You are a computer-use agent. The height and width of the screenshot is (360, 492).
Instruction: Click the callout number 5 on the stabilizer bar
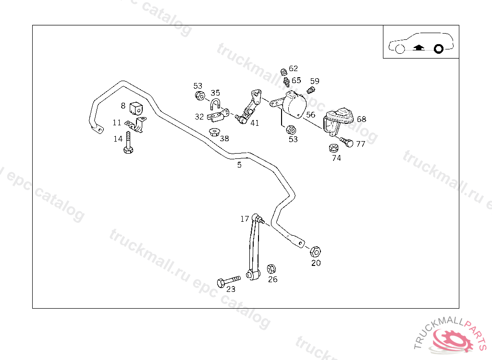point(239,165)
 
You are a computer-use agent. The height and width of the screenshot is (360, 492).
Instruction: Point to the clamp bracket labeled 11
point(136,125)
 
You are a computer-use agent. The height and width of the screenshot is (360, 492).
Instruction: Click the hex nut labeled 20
point(315,251)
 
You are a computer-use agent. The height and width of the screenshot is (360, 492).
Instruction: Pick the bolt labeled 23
point(228,280)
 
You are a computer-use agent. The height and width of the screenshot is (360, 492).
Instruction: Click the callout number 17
point(245,219)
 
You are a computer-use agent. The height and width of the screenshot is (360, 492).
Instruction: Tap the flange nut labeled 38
point(214,131)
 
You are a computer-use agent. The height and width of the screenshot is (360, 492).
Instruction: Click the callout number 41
point(255,123)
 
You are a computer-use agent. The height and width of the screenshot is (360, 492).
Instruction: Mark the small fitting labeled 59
point(310,89)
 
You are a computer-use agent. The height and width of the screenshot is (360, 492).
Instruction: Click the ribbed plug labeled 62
point(283,72)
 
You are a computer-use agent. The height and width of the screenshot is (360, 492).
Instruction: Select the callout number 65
point(296,81)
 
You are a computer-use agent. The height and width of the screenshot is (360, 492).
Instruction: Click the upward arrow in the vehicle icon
point(418,48)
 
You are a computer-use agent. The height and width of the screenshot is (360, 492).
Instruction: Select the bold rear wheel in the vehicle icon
point(438,48)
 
